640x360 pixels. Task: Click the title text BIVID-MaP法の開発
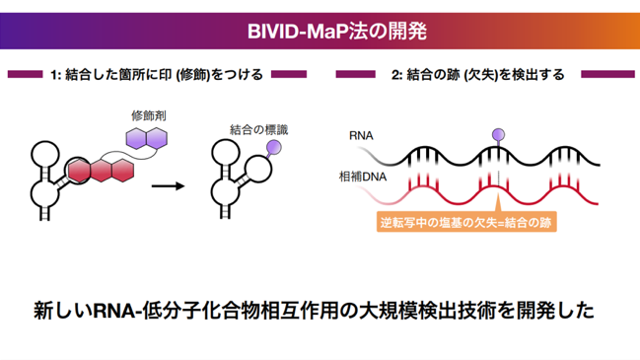[336, 31]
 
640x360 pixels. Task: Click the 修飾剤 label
[149, 115]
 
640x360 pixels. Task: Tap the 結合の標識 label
[258, 130]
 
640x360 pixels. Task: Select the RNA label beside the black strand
[361, 135]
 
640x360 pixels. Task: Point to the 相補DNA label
[363, 177]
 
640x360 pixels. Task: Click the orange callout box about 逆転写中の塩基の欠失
[466, 223]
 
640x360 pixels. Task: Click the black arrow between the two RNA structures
[168, 186]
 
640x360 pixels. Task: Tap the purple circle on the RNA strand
[498, 134]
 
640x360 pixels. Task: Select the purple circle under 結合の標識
[273, 147]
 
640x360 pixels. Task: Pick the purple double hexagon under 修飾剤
[147, 138]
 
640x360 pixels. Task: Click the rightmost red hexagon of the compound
[122, 171]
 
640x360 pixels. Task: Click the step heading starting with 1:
[157, 75]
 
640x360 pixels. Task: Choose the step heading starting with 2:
[478, 75]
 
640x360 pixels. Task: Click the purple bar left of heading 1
[25, 74]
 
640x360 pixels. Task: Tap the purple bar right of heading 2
[607, 74]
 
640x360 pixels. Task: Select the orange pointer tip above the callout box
[498, 194]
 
